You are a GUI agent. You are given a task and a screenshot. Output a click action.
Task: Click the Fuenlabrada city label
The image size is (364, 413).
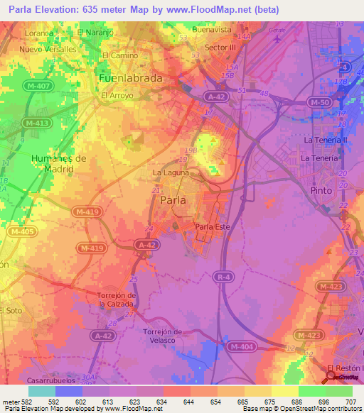[131, 77]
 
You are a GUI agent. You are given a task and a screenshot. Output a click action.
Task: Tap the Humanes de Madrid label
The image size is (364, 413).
[58, 163]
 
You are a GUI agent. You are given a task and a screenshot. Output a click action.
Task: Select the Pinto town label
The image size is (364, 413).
[323, 191]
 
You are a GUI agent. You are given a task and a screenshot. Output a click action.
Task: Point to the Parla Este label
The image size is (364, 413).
[211, 227]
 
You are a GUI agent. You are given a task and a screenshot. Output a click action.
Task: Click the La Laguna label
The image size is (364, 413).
[171, 172]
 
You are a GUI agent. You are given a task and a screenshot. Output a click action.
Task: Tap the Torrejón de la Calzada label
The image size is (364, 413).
[115, 299]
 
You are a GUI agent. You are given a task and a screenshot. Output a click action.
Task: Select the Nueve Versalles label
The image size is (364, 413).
[48, 49]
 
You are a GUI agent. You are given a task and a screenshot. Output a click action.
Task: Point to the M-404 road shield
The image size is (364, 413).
[242, 346]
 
